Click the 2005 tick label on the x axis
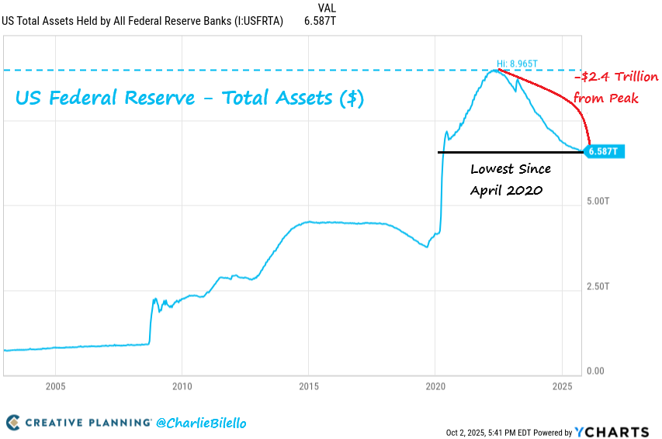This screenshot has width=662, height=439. [54, 386]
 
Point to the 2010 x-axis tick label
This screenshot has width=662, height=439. [182, 386]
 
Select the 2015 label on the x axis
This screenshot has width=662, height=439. [309, 386]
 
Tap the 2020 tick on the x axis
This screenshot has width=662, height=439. [435, 386]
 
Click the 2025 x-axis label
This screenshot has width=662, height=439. [562, 386]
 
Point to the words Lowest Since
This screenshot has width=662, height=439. [511, 168]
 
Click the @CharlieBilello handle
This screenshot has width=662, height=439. [201, 423]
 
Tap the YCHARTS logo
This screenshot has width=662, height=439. [613, 432]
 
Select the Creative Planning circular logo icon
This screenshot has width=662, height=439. [13, 423]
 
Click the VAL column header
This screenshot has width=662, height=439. [327, 8]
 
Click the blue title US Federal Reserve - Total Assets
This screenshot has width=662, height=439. [189, 99]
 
